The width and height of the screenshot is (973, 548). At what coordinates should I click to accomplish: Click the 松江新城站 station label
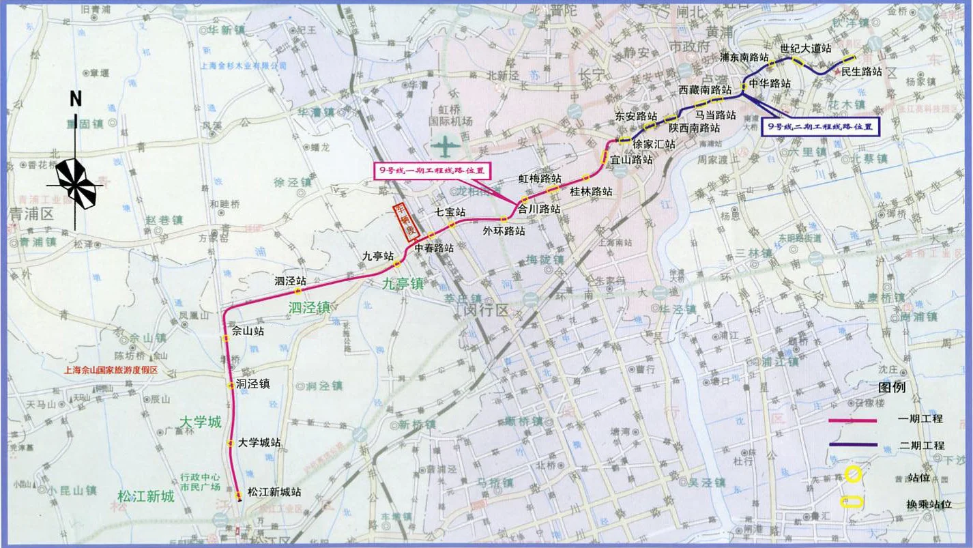pyautogui.click(x=274, y=491)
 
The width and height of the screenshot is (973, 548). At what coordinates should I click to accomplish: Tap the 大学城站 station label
pyautogui.click(x=259, y=443)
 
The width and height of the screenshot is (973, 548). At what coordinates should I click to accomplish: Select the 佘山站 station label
pyautogui.click(x=248, y=331)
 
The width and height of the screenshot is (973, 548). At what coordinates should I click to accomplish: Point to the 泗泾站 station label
pyautogui.click(x=290, y=281)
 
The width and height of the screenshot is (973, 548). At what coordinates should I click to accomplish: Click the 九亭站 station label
pyautogui.click(x=378, y=257)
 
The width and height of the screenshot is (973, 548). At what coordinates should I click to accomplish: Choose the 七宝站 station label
pyautogui.click(x=450, y=212)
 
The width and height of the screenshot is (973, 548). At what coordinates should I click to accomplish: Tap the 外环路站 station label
pyautogui.click(x=504, y=231)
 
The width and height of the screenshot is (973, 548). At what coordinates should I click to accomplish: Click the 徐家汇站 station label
pyautogui.click(x=654, y=144)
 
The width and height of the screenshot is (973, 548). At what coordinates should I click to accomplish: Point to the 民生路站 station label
pyautogui.click(x=861, y=71)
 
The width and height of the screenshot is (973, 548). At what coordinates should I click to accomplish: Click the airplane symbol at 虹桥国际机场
pyautogui.click(x=445, y=145)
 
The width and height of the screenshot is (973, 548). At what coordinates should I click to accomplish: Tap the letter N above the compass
pyautogui.click(x=75, y=99)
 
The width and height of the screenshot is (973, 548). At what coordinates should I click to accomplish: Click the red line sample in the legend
pyautogui.click(x=852, y=420)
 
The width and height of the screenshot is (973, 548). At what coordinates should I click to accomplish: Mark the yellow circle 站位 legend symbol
pyautogui.click(x=852, y=473)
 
